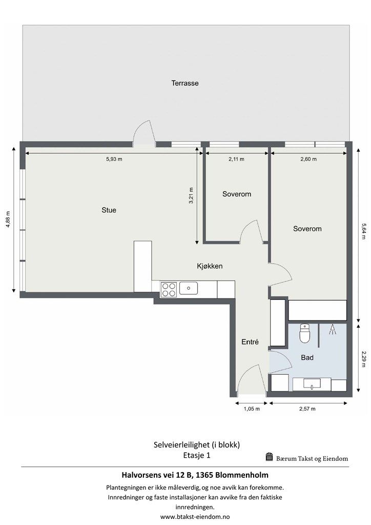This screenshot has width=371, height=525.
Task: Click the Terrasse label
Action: tap(184, 83)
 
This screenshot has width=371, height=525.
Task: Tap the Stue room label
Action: tap(109, 210)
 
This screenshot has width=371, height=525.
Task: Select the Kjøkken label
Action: tap(210, 266)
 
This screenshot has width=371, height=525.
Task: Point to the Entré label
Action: tap(250, 342)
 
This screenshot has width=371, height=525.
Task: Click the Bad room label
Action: tap(307, 357)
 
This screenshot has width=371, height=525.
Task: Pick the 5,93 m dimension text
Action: tap(114, 159)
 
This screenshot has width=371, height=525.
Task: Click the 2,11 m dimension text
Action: tap(236, 159)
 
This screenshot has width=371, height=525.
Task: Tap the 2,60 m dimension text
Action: tap(308, 159)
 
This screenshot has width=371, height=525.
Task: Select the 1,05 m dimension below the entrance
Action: tap(252, 409)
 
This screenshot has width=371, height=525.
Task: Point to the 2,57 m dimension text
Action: tap(307, 409)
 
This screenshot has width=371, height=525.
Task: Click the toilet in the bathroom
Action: tap(304, 333)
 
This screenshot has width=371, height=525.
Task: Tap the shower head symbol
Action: tap(332, 330)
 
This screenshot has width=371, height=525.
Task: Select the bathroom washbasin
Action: tap(312, 383)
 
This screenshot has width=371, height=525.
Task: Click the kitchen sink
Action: tap(189, 288)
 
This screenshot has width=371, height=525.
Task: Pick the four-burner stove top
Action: tap(169, 290)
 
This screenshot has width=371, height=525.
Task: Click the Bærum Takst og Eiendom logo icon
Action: tap(270, 457)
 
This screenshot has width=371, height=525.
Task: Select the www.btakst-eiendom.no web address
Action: tap(195, 517)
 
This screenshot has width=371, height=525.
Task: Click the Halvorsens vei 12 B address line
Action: tap(195, 475)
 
